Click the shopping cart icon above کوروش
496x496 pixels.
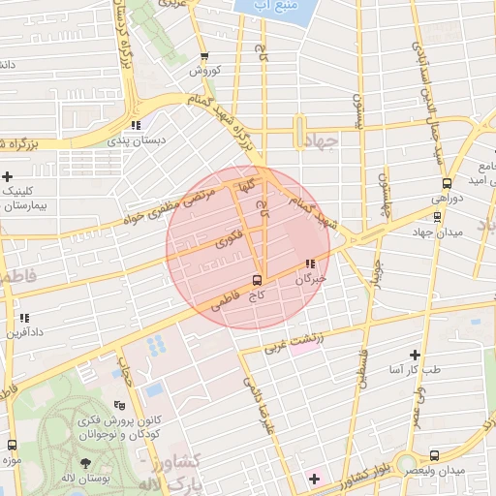coord(204,57)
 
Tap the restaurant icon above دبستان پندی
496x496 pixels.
coord(136,125)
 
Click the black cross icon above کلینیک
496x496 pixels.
coord(8,176)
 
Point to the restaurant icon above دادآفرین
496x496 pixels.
coord(24,318)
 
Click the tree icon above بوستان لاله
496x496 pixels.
coord(86,463)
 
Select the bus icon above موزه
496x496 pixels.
coord(12,445)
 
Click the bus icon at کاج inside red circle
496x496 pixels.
coord(256,280)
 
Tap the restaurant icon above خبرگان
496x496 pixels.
coord(310,263)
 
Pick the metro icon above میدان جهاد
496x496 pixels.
coord(437,217)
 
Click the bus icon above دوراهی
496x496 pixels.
coord(446,181)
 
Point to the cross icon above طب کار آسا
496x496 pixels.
coord(416,355)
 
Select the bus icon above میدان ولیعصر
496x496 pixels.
coord(433,454)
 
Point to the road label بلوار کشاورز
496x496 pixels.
coord(366,476)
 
